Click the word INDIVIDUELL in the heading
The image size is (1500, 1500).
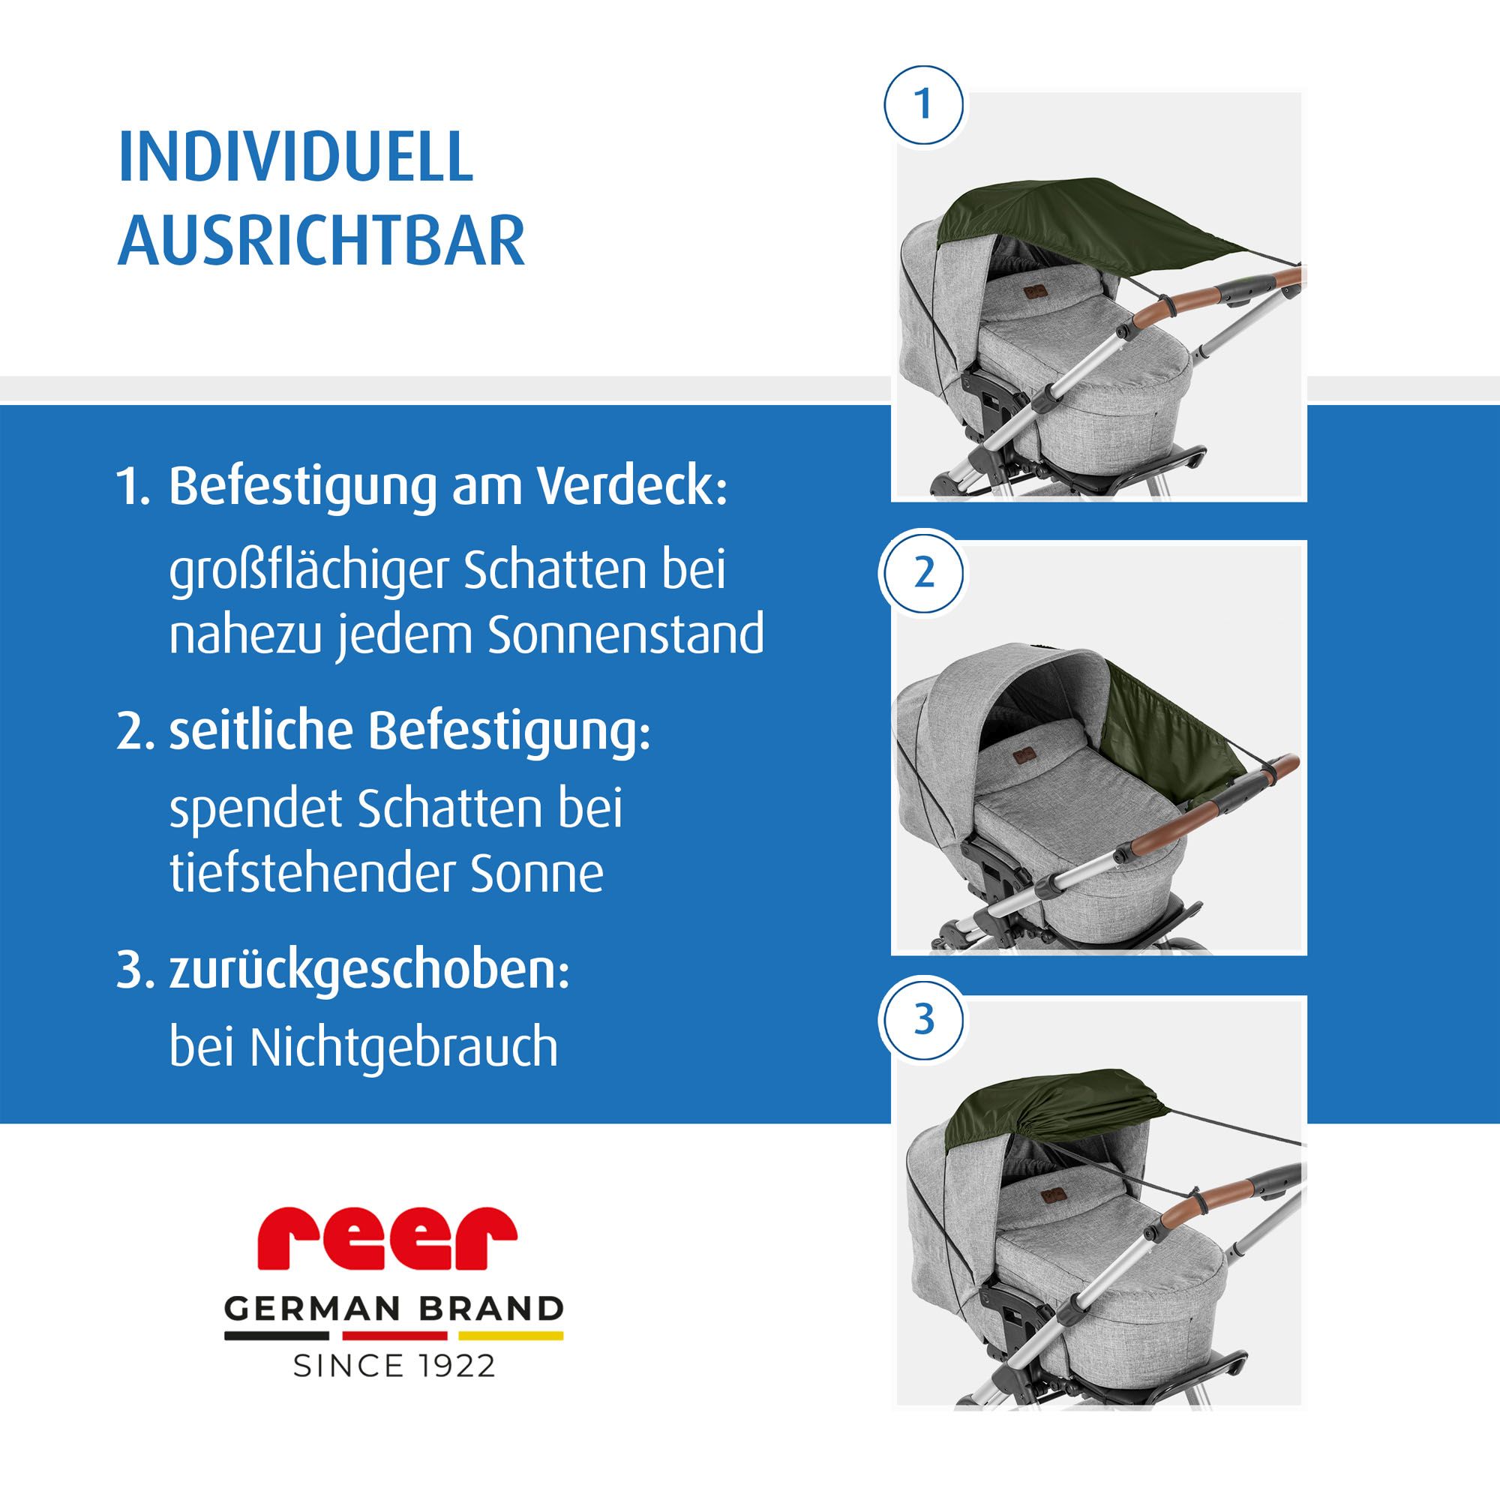[295, 156]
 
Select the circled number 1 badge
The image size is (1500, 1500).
[923, 105]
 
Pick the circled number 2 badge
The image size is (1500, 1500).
[923, 574]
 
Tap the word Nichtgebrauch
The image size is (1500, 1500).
[403, 1047]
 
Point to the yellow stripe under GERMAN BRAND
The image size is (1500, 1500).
[510, 1336]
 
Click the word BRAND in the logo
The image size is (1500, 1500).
[491, 1309]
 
